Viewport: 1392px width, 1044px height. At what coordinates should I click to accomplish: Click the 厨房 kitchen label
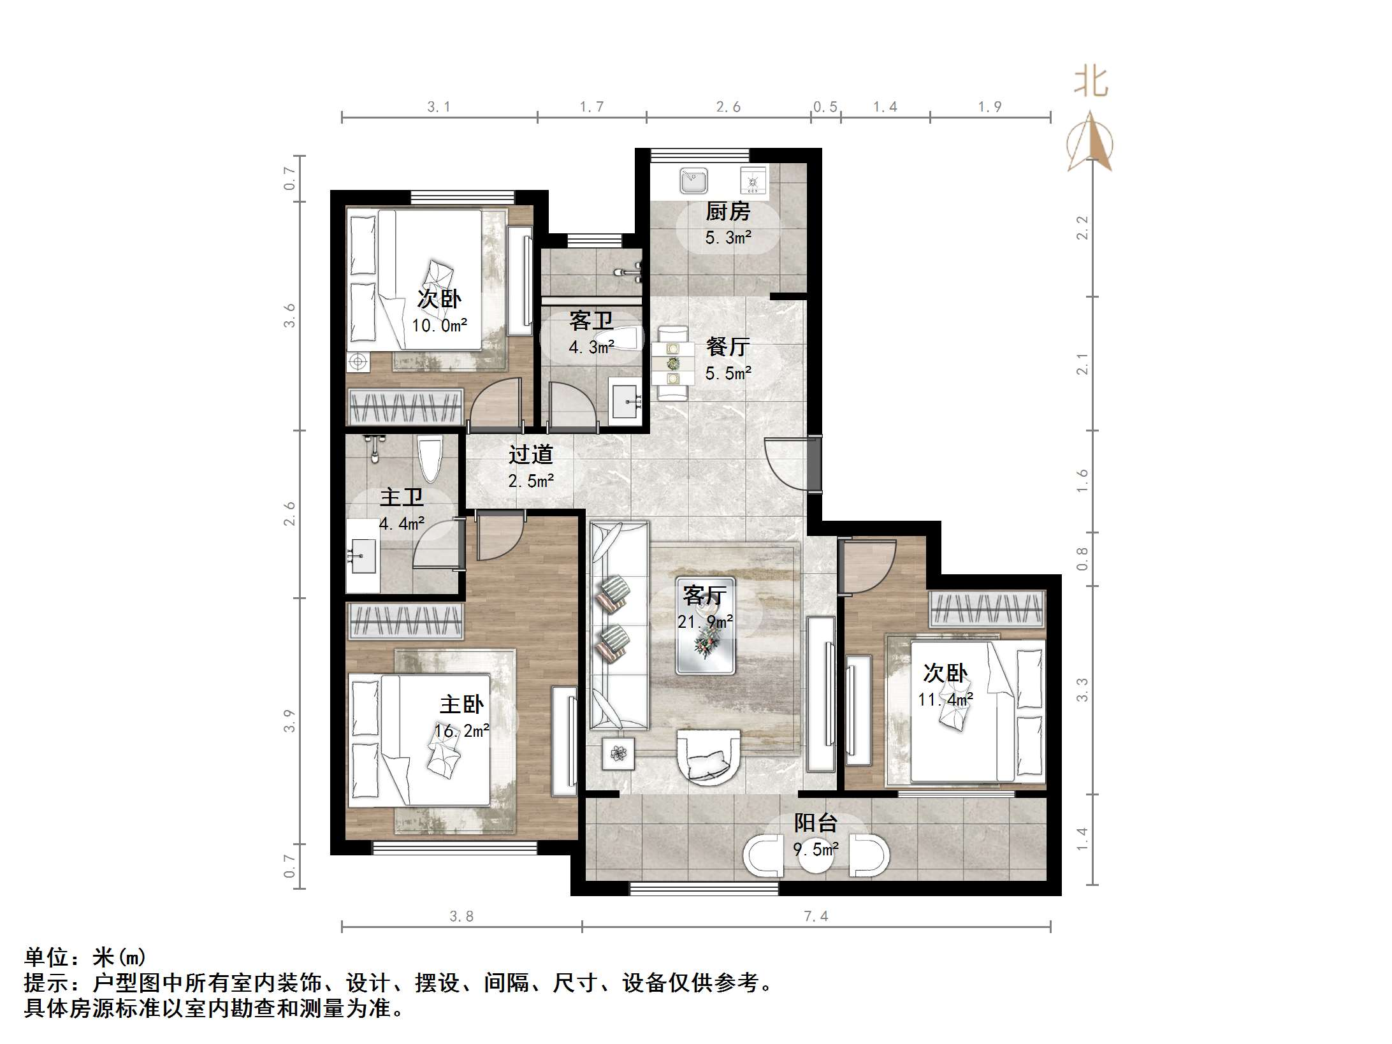coord(727,211)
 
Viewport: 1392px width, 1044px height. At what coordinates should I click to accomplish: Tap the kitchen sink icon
coord(693,180)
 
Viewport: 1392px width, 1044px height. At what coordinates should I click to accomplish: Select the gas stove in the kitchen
coord(753,180)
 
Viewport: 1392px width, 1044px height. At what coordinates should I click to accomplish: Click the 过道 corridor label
coord(530,454)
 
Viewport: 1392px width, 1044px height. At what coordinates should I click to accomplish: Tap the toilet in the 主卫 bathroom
coord(430,459)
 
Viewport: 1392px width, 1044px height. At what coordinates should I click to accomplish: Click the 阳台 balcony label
coord(815,823)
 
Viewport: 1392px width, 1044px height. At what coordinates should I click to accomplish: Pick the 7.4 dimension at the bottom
coord(816,917)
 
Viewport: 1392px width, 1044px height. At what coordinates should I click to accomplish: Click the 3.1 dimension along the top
coord(439,107)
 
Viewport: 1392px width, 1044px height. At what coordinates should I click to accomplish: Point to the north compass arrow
coord(1091,143)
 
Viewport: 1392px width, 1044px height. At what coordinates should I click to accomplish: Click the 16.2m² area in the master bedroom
coord(461,730)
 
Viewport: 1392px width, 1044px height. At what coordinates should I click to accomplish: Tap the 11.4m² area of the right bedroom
coord(945,699)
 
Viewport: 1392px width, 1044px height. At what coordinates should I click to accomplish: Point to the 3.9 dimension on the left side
coord(290,720)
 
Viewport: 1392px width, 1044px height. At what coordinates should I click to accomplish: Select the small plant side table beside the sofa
coord(618,754)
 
